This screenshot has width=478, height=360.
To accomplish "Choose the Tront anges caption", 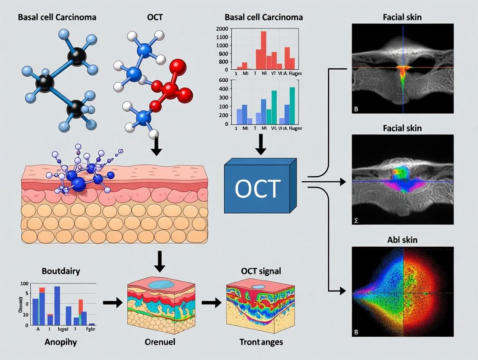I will pyautogui.click(x=261, y=342).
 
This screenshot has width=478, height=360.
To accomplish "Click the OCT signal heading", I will pyautogui.click(x=261, y=271).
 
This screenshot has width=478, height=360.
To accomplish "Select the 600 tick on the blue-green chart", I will pyautogui.click(x=223, y=80).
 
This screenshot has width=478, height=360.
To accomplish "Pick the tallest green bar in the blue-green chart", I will pyautogui.click(x=292, y=106).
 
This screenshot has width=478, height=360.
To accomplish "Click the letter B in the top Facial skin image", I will pyautogui.click(x=356, y=109).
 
